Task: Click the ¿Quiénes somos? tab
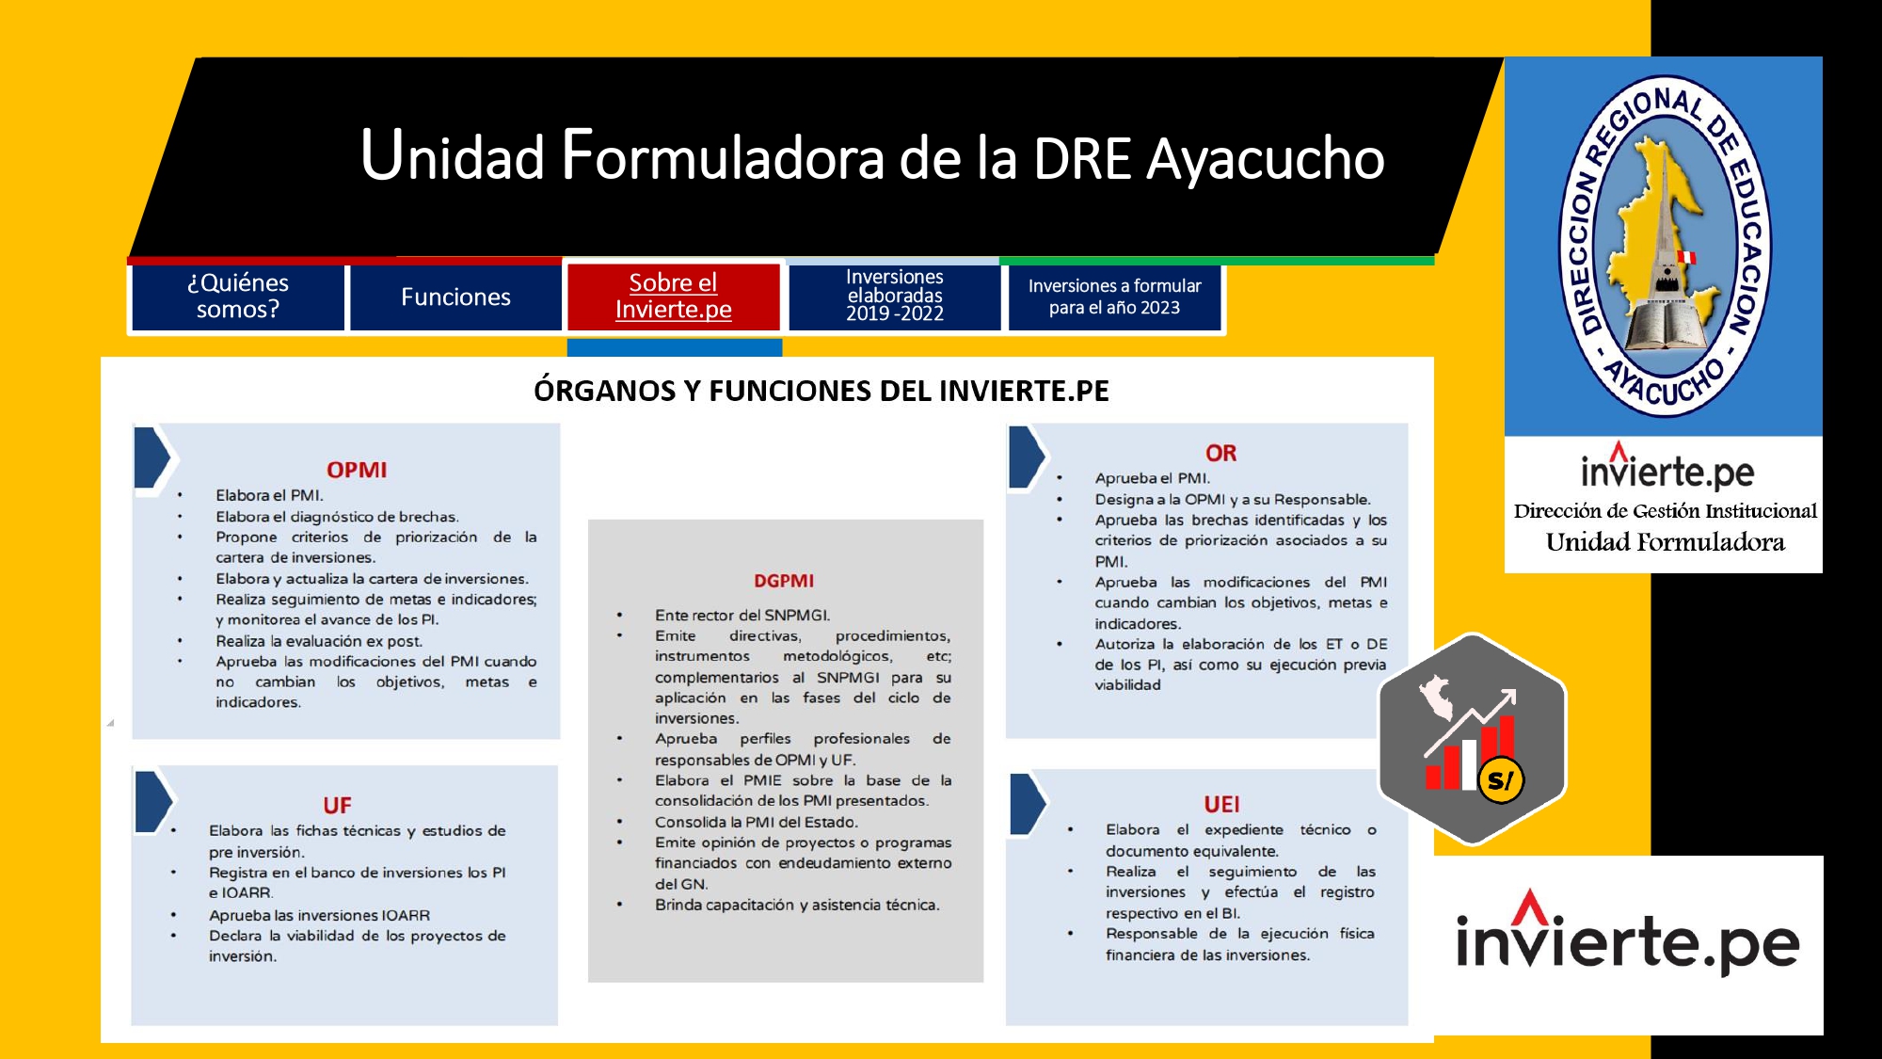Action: click(238, 297)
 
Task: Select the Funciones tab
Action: click(455, 297)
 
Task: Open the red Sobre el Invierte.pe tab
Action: click(674, 297)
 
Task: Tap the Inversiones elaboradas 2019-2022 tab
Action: click(894, 297)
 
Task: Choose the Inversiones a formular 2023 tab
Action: click(1114, 297)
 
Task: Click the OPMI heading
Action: click(357, 470)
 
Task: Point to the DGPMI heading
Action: click(784, 581)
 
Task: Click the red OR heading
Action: click(1221, 453)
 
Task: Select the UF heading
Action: click(337, 806)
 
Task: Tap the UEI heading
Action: click(1221, 805)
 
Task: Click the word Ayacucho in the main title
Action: click(1266, 158)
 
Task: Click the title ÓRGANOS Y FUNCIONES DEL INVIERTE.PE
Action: click(821, 391)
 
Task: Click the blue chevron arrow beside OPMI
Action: click(153, 457)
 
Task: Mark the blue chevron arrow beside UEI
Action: click(1029, 803)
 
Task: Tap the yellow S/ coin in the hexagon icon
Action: click(1501, 779)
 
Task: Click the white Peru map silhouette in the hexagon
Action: click(1437, 698)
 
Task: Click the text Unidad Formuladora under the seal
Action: click(1665, 542)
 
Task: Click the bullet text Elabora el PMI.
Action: click(269, 495)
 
